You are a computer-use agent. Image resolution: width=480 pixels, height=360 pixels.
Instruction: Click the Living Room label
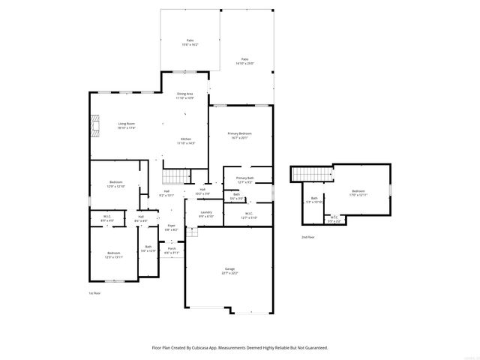pyautogui.click(x=126, y=125)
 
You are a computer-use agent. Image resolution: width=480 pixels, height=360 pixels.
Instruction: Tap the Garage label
pyautogui.click(x=229, y=270)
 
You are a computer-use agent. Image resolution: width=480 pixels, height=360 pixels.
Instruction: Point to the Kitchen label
pyautogui.click(x=186, y=140)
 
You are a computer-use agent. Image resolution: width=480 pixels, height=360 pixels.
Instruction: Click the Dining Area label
pyautogui.click(x=184, y=95)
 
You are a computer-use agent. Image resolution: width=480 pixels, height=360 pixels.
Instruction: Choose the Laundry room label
pyautogui.click(x=206, y=214)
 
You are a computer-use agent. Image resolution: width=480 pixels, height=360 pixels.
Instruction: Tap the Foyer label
pyautogui.click(x=171, y=227)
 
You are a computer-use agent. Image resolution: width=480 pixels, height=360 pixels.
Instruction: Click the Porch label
pyautogui.click(x=171, y=250)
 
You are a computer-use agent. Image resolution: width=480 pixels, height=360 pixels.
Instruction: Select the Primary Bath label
pyautogui.click(x=245, y=180)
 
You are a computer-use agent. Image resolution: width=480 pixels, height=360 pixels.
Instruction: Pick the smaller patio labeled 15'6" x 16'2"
pyautogui.click(x=190, y=43)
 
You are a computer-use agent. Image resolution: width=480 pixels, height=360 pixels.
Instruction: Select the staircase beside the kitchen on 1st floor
pyautogui.click(x=174, y=176)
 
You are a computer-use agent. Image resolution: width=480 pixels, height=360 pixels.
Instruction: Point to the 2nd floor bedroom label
pyautogui.click(x=358, y=193)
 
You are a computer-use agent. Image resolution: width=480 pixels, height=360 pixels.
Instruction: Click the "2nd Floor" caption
pyautogui.click(x=308, y=237)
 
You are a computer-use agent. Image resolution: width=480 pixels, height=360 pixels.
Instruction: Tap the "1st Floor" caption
pyautogui.click(x=94, y=293)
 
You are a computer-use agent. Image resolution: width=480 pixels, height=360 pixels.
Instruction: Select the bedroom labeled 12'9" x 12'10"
pyautogui.click(x=116, y=184)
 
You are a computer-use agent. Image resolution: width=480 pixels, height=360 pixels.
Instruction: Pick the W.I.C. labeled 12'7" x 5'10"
pyautogui.click(x=250, y=215)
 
